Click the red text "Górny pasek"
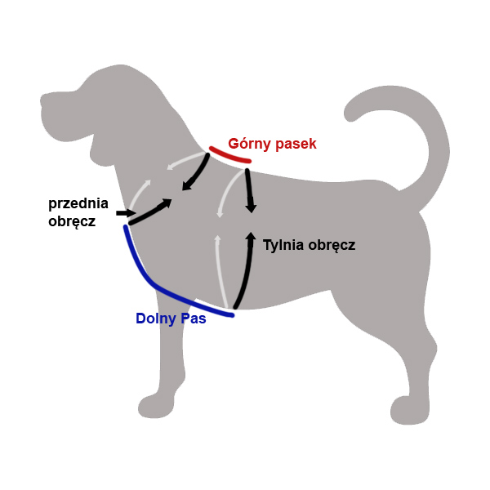point(272,144)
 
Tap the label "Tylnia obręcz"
point(309,244)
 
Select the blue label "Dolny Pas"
point(171,318)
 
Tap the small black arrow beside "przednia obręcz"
point(123,213)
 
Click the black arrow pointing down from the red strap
point(250,192)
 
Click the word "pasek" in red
point(296,144)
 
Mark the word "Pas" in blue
point(194,318)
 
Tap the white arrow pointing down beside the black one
point(221,196)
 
